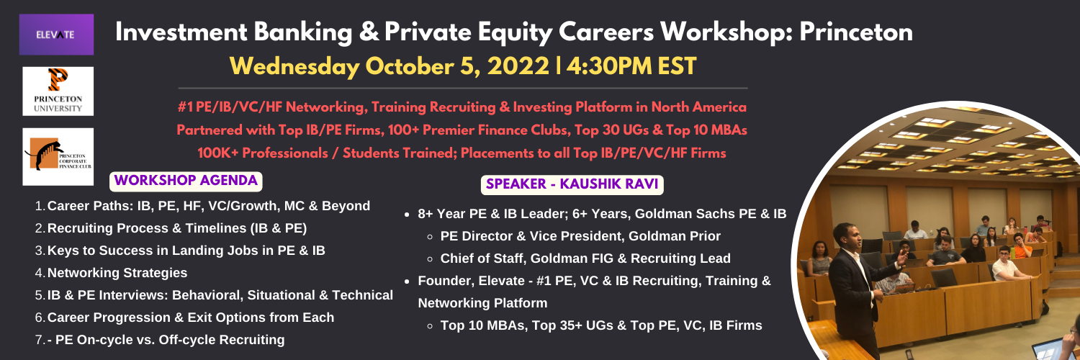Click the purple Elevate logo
(x=56, y=35)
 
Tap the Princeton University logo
(x=58, y=91)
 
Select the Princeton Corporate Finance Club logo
(x=58, y=157)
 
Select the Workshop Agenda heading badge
(x=186, y=181)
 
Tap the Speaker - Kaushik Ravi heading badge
(x=572, y=184)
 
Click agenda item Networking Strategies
(x=117, y=273)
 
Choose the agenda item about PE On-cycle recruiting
(x=166, y=340)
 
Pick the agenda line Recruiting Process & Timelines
(x=177, y=228)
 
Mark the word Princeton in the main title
(x=856, y=33)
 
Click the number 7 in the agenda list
(x=40, y=340)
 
